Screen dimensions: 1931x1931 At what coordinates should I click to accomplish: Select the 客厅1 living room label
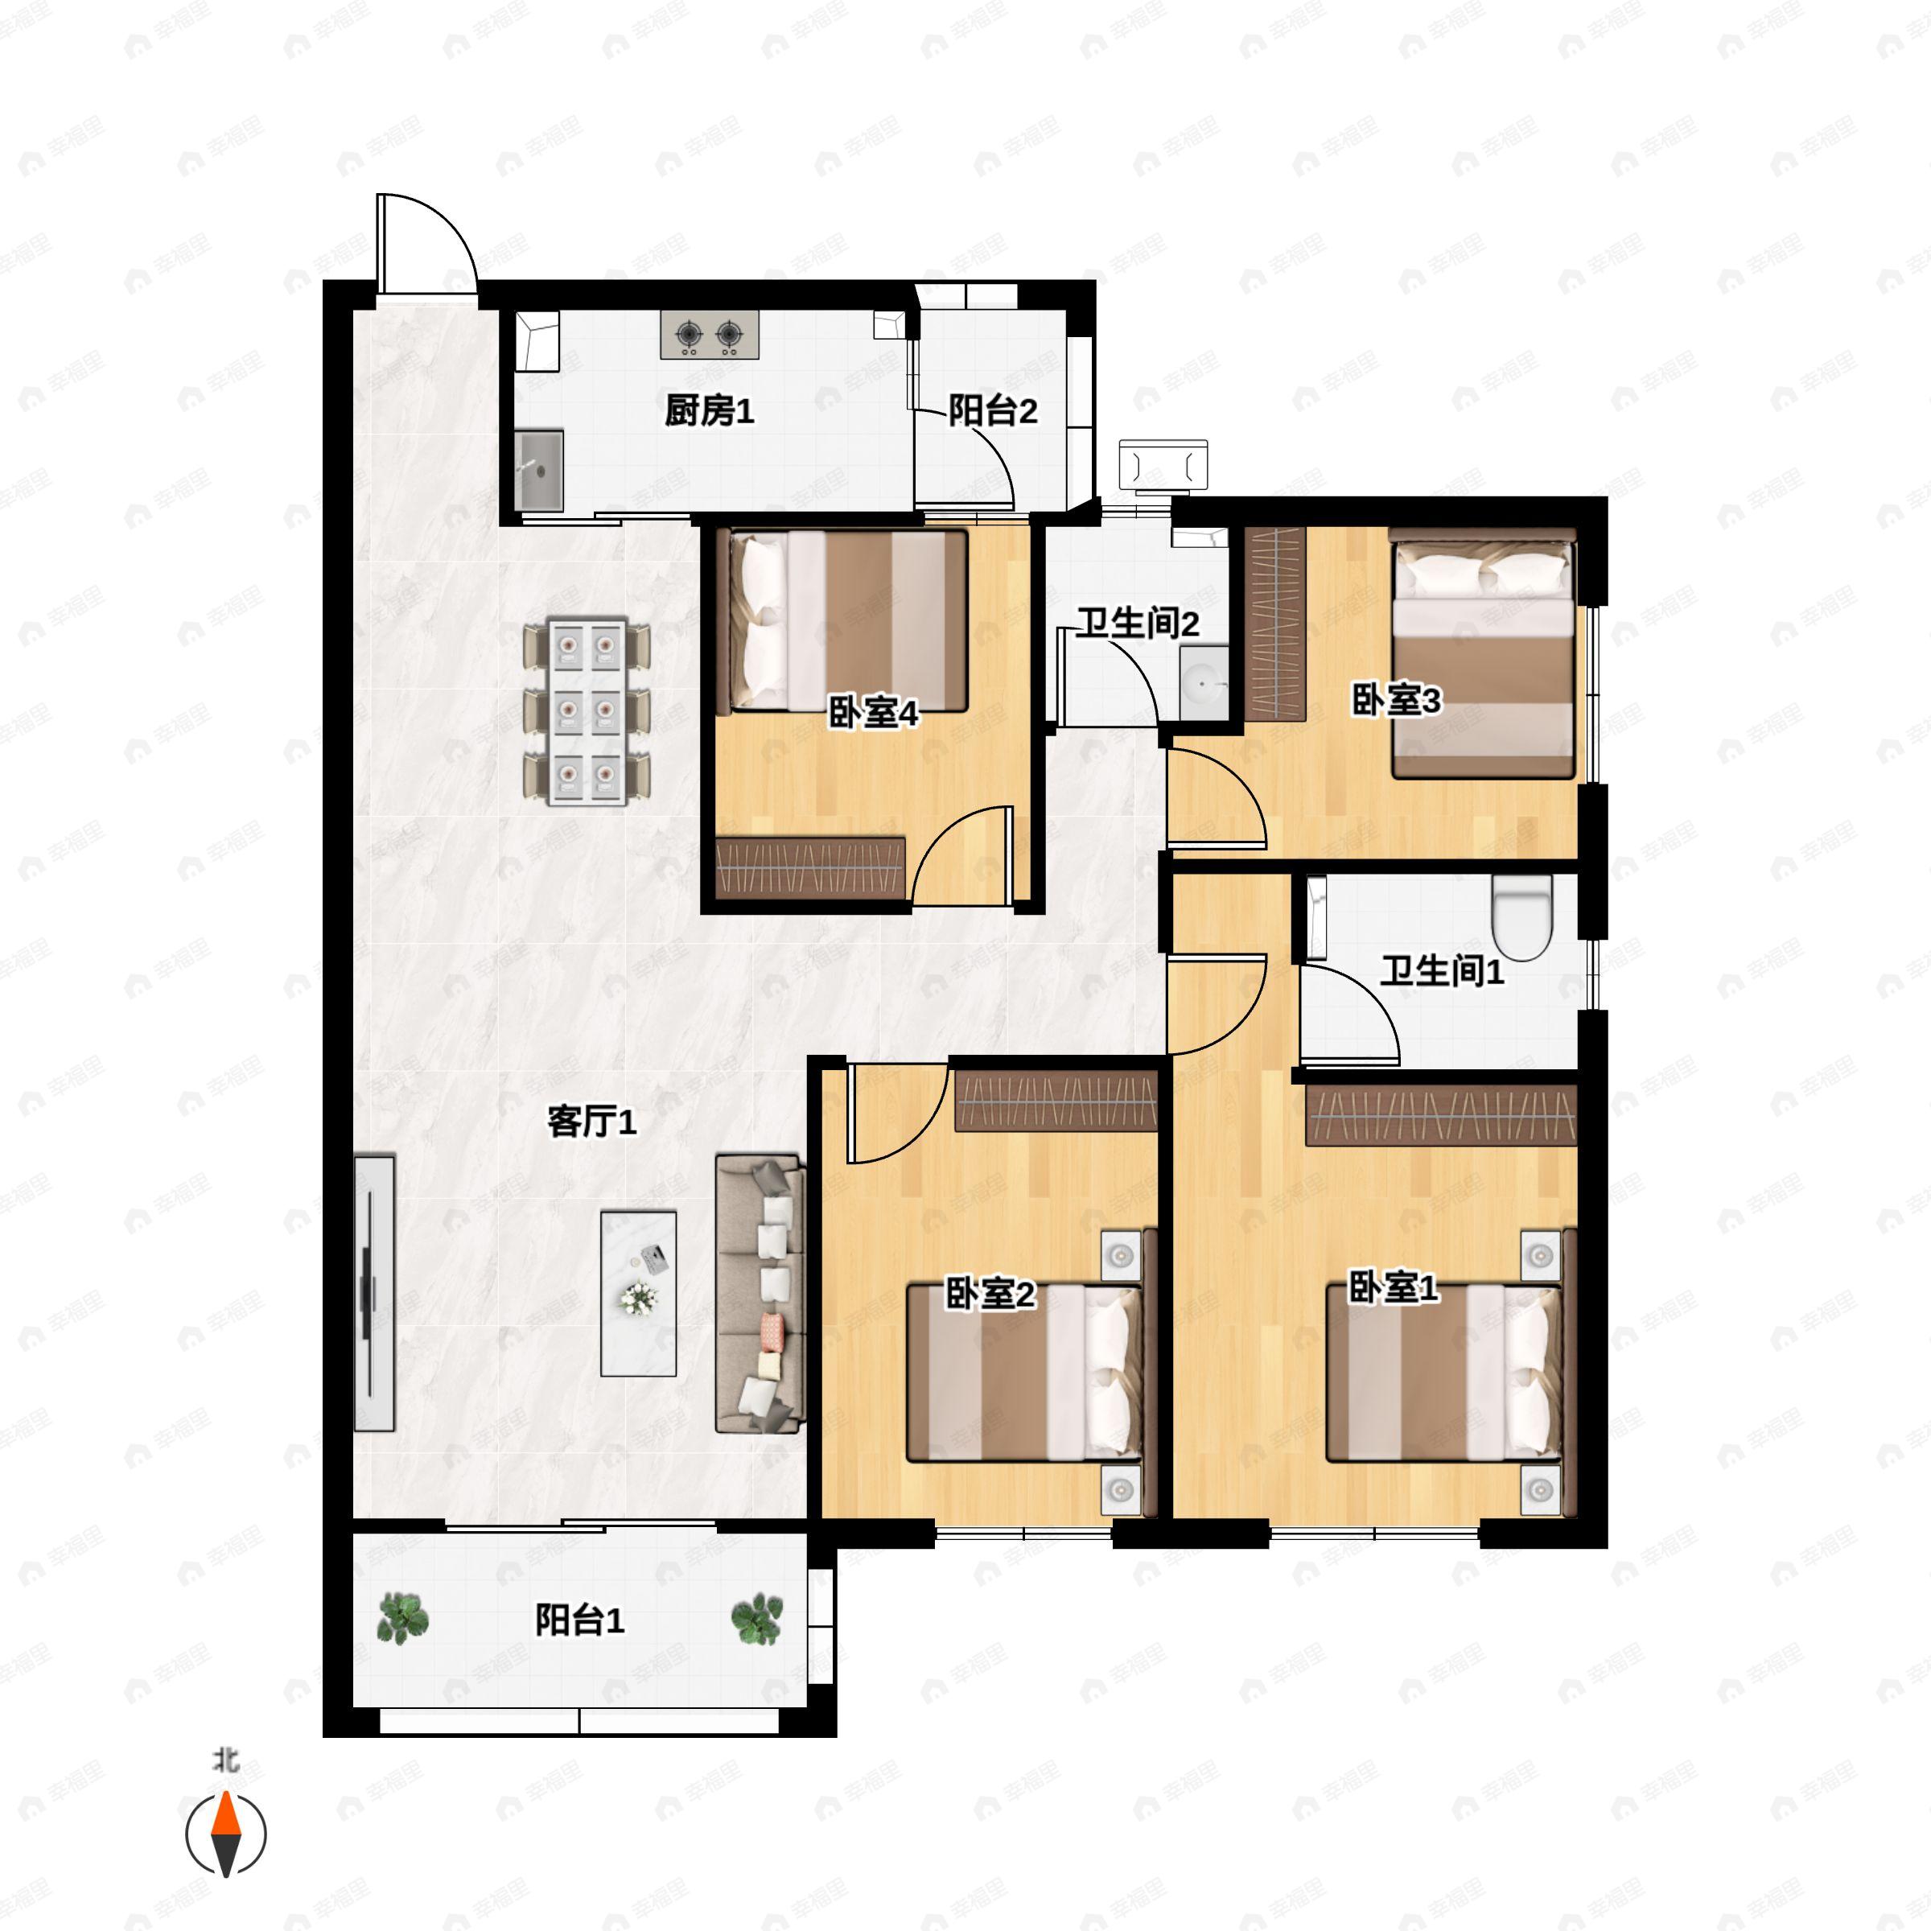coord(591,1122)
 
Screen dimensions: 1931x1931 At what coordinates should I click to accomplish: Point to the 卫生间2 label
coord(1138,623)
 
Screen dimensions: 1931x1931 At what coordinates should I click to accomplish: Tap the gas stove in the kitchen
coord(709,335)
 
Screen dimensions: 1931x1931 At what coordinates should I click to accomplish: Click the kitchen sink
coord(539,470)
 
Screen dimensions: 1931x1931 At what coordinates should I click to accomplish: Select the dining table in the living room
coord(587,710)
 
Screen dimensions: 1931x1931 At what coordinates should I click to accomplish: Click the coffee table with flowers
coord(638,1293)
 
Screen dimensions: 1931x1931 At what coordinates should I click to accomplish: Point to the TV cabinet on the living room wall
coord(374,1293)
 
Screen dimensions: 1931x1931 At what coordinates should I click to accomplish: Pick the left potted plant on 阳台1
coord(403,1618)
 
